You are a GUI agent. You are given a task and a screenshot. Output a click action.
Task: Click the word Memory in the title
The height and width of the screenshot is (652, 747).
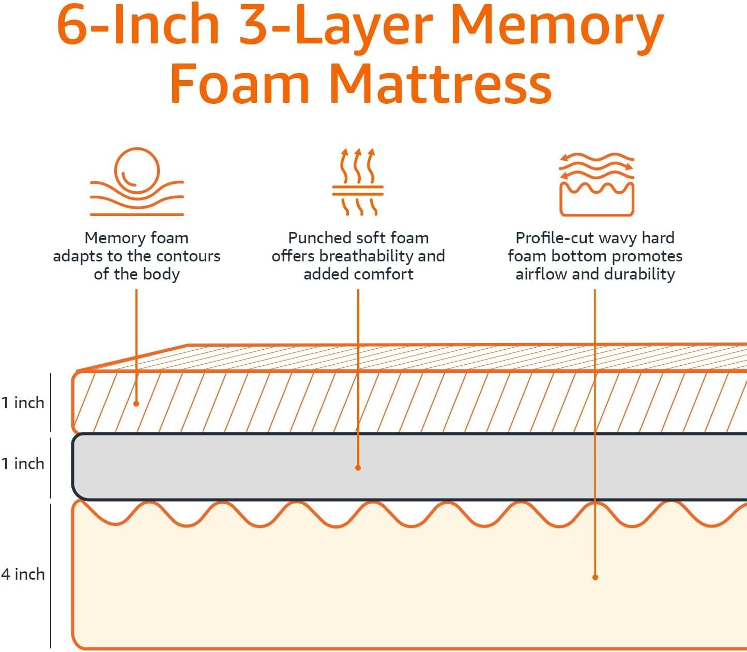[557, 26]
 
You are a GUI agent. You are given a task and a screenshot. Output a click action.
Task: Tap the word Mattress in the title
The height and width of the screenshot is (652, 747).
[440, 84]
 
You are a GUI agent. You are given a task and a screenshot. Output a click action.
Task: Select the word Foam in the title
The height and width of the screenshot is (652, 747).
[240, 84]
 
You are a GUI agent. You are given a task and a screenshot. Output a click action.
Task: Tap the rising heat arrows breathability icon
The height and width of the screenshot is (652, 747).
[358, 182]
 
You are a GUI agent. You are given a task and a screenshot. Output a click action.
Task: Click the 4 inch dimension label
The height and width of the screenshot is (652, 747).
[23, 574]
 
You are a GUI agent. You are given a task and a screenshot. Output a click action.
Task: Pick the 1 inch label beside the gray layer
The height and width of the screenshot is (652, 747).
[23, 463]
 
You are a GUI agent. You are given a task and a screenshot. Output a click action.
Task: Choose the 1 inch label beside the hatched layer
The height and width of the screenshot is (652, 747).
[23, 402]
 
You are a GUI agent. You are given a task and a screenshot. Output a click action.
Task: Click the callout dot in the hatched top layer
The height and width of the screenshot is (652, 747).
[136, 403]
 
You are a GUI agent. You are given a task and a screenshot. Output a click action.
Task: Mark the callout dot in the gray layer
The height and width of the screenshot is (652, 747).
[358, 468]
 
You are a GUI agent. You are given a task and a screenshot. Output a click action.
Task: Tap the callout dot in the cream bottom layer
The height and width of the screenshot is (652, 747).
[595, 577]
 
